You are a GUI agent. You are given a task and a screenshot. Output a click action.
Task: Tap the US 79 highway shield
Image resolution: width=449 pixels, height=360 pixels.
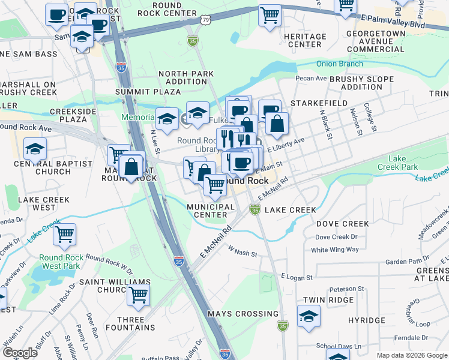206,20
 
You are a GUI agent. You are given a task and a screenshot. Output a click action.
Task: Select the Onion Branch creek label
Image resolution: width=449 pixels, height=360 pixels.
340,64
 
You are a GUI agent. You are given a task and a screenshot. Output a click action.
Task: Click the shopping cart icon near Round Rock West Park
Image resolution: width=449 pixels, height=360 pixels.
64,234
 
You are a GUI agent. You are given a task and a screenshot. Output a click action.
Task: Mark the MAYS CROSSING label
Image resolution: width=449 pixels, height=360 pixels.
243,314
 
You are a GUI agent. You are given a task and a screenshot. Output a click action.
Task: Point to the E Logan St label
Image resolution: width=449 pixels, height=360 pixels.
297,277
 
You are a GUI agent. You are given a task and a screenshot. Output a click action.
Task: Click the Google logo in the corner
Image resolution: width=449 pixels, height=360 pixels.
20,352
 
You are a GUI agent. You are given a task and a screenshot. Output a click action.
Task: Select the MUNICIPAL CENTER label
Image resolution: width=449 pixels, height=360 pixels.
210,211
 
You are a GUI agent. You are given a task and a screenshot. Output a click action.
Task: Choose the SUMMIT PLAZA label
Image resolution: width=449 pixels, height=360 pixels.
148,92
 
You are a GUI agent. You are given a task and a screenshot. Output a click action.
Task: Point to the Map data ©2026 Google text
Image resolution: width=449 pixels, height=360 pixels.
411,355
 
